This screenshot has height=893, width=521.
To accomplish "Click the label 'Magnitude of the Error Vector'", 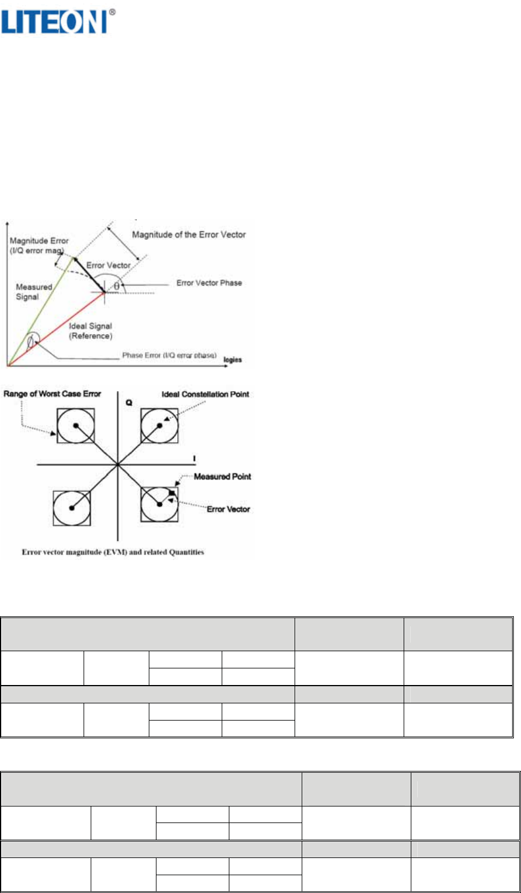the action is (188, 235).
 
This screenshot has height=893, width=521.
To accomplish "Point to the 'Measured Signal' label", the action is (34, 292).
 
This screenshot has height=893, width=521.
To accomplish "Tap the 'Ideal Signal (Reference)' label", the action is (90, 331).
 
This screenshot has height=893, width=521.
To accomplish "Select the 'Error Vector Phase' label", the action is (209, 283).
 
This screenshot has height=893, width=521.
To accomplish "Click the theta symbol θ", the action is (116, 286).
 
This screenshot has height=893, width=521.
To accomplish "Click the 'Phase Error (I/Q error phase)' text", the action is (169, 356).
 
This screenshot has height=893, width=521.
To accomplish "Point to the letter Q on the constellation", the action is (129, 403).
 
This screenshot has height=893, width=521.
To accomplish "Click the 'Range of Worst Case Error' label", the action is (52, 394).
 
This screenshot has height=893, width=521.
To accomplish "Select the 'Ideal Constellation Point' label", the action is (205, 395).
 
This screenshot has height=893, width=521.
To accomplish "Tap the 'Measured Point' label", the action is (222, 476).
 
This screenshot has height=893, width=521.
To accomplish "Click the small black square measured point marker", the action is (172, 492).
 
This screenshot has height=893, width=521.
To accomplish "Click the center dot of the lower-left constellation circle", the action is (72, 508).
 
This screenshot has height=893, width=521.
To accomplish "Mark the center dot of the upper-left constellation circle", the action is (75, 425).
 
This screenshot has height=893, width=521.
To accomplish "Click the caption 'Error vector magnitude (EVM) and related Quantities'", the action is (113, 552).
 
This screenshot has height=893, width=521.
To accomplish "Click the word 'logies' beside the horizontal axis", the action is (232, 360).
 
